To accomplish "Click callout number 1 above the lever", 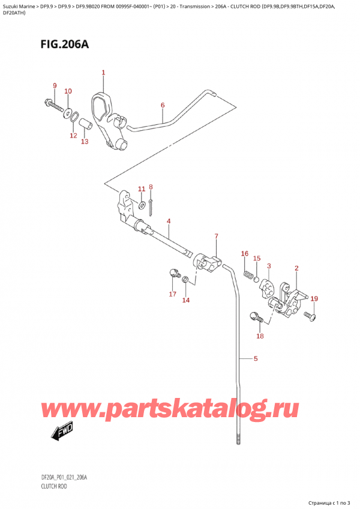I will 103,73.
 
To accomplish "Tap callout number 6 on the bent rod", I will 163,106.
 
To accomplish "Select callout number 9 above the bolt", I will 55,86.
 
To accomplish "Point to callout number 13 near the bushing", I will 85,142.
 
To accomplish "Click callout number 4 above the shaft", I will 169,221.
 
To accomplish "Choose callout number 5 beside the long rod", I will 256,360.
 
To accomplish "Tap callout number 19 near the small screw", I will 314,298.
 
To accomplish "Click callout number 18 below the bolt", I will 260,336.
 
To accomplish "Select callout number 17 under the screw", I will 173,294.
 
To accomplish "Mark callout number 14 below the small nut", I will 185,300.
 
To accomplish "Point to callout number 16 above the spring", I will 244,254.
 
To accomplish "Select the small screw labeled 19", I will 311,315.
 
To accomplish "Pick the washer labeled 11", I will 142,206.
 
